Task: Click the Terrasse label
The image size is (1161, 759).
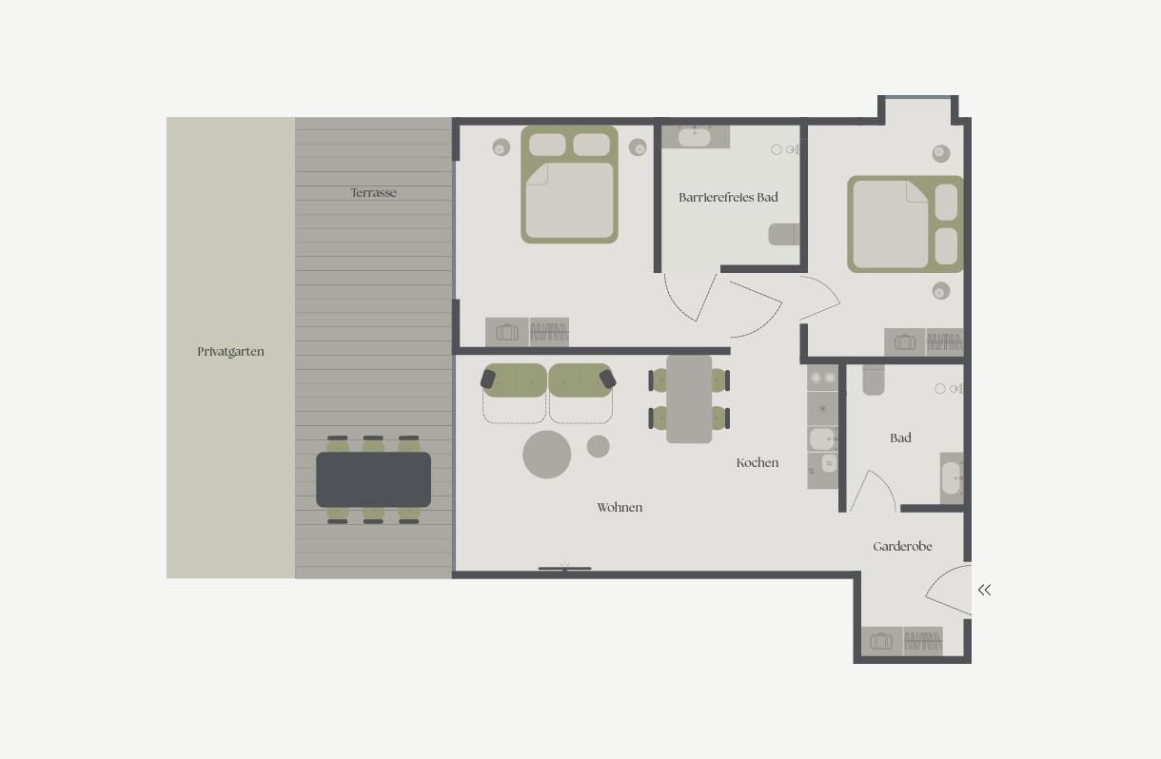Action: pos(373,193)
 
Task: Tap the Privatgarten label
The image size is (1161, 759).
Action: pos(230,351)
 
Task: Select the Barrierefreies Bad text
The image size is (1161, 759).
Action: pos(728,198)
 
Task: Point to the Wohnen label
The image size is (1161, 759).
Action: pos(620,507)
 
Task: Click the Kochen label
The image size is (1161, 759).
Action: pos(758,462)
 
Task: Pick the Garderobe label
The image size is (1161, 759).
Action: pos(902,546)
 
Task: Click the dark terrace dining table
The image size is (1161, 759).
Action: pos(373,479)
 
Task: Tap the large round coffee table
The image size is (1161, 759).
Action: pos(547,455)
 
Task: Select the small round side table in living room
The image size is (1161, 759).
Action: pos(599,446)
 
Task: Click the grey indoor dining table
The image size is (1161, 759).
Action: pos(689,399)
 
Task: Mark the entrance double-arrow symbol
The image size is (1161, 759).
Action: pos(984,590)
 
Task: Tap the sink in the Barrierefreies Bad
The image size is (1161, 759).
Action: pos(695,137)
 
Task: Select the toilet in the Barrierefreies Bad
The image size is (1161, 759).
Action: pos(784,234)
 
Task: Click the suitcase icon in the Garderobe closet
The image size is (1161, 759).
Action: pos(881,641)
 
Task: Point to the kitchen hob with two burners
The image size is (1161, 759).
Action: pos(822,378)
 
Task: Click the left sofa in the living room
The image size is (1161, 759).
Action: pos(514,393)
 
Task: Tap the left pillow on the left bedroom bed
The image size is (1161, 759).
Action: pos(547,145)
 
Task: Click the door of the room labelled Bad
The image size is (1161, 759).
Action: pos(874,491)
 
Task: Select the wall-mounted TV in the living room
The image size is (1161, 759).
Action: pos(564,569)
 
